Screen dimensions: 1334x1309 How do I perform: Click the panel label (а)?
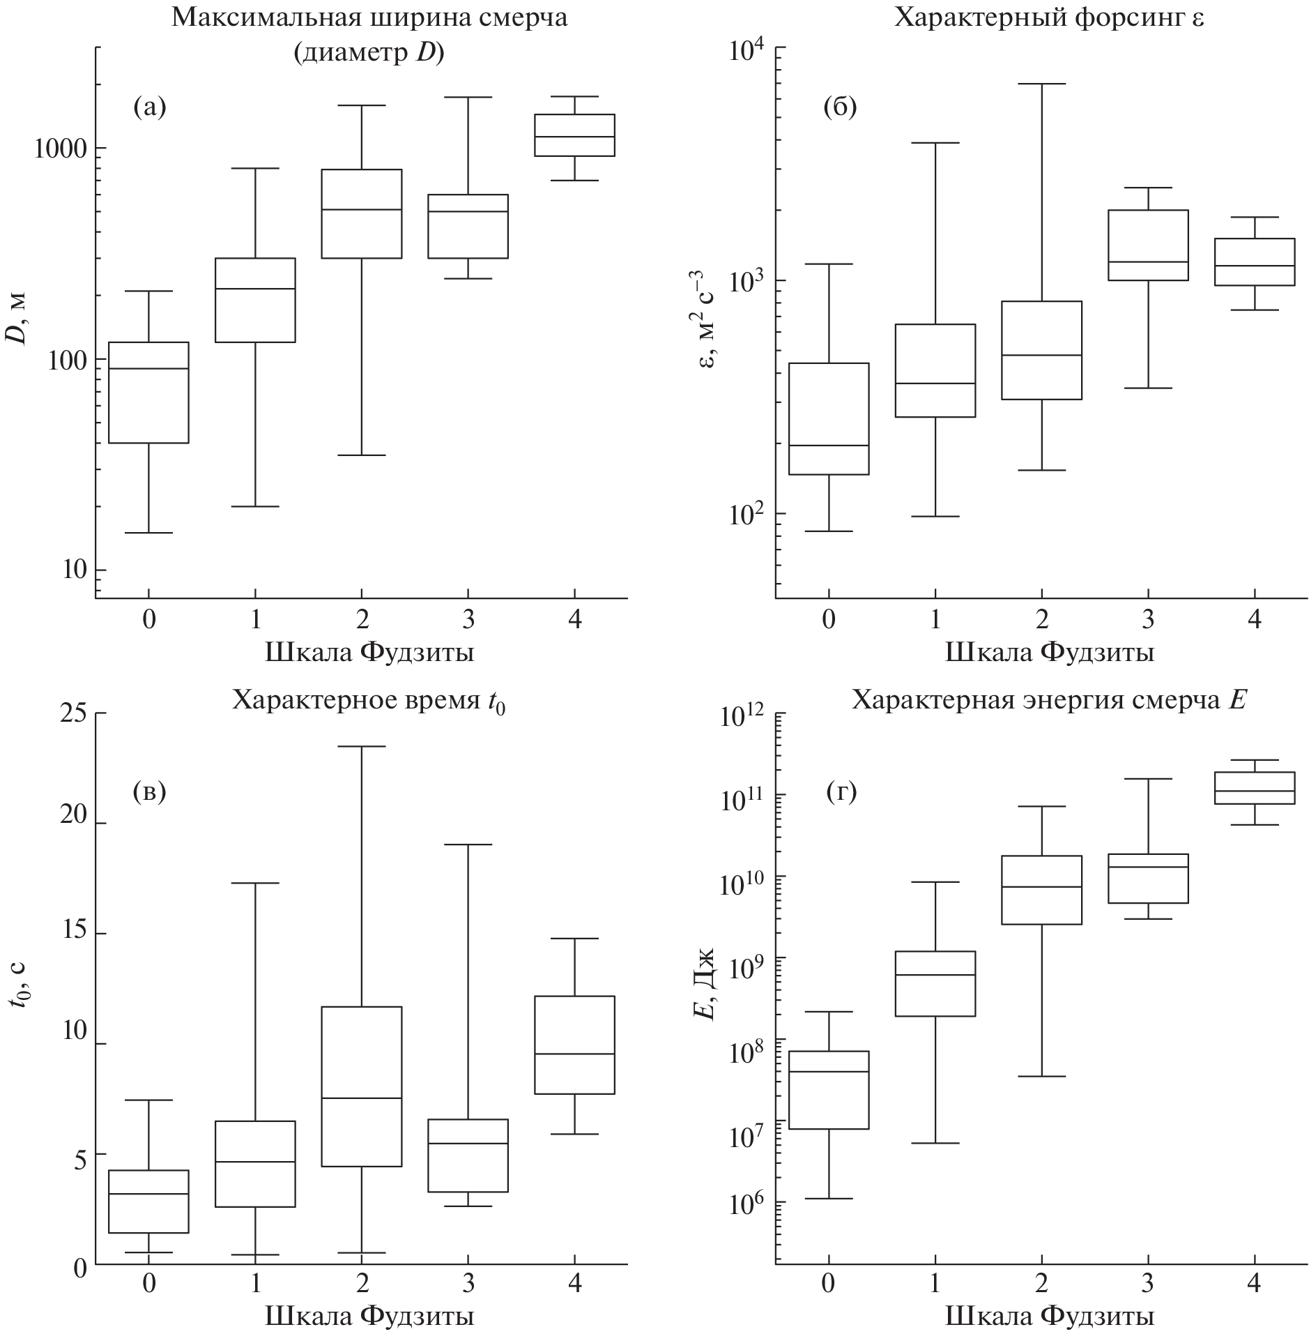click(x=149, y=107)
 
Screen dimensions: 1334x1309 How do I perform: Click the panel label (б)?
click(x=840, y=107)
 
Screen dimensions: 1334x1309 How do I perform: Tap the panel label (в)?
click(x=149, y=792)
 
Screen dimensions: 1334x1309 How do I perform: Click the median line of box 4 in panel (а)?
click(x=574, y=137)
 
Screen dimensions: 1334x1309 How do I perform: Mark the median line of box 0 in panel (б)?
click(x=829, y=445)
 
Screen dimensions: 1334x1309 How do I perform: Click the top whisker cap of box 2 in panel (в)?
click(x=361, y=746)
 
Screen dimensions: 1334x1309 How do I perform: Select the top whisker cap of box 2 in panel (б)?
click(x=1042, y=84)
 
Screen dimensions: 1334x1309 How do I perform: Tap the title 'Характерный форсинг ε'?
click(x=1048, y=17)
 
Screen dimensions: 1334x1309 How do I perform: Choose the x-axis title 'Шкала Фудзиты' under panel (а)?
click(x=369, y=653)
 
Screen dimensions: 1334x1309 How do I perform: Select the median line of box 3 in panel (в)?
click(x=468, y=1144)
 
